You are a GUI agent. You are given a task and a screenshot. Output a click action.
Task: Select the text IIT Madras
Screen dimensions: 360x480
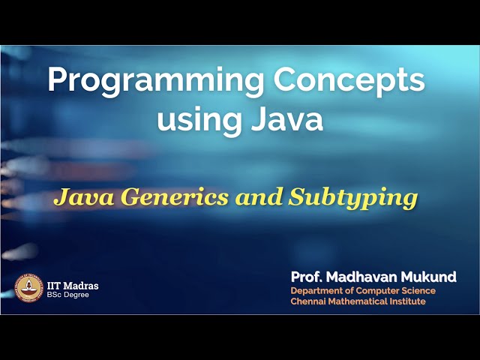pos(73,285)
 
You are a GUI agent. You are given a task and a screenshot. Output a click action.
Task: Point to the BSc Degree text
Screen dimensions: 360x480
pos(67,295)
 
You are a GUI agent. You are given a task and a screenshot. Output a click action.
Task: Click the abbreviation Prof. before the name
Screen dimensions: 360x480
pos(307,277)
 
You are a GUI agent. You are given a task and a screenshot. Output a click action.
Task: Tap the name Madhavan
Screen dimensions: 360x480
pos(364,277)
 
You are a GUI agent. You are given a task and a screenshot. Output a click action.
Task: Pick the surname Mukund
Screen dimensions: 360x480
pos(430,277)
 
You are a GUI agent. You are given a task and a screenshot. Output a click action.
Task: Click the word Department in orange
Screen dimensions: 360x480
pos(317,291)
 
